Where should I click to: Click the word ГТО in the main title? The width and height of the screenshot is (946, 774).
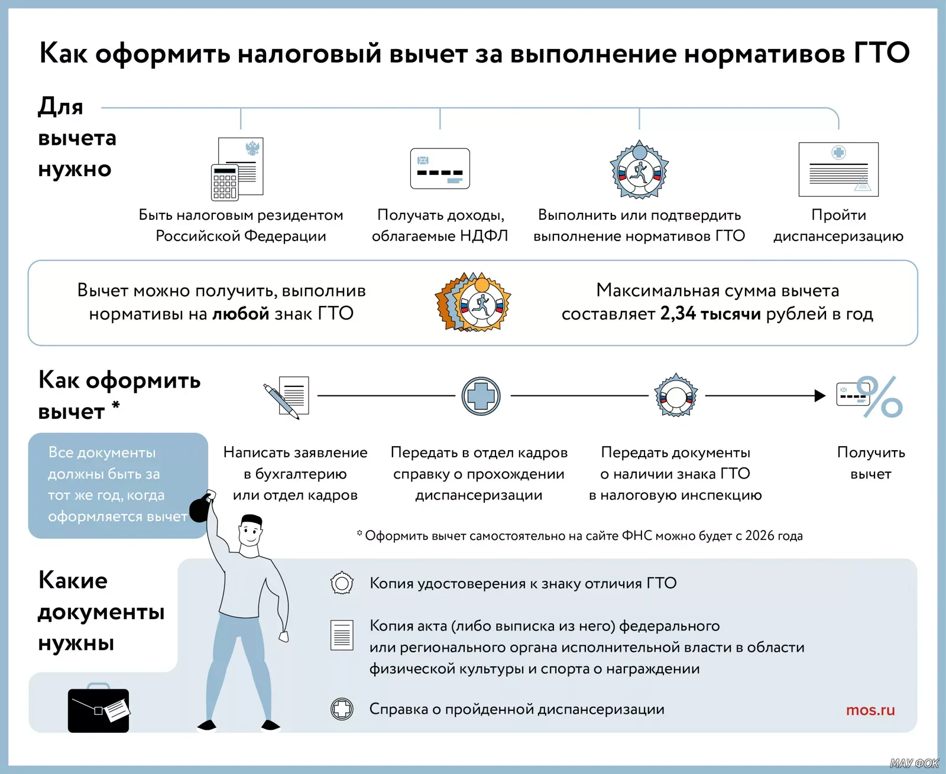click(x=882, y=53)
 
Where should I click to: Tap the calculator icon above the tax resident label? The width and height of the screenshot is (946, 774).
click(x=225, y=182)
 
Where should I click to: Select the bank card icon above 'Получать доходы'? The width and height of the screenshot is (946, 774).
click(x=440, y=169)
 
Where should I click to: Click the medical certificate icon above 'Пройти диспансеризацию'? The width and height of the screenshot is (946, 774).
click(x=838, y=169)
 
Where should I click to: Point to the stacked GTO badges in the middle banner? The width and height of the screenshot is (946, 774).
click(x=473, y=302)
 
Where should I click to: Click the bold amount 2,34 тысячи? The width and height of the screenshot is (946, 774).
click(x=710, y=313)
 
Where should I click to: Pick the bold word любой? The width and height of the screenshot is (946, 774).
click(x=241, y=313)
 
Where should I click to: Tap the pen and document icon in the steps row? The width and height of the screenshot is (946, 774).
click(x=286, y=396)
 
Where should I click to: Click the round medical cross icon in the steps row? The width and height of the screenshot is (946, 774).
click(x=481, y=396)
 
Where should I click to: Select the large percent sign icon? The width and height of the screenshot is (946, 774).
click(x=881, y=397)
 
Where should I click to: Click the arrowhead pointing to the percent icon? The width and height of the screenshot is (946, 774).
click(x=819, y=396)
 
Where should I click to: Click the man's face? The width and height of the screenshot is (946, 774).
click(x=251, y=535)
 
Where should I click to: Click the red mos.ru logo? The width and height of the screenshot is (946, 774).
click(x=870, y=710)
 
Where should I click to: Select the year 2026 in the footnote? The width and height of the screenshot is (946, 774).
click(x=759, y=536)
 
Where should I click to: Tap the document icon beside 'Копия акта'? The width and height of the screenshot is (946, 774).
click(x=342, y=635)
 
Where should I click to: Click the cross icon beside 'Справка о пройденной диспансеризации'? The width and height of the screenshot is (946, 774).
click(x=342, y=708)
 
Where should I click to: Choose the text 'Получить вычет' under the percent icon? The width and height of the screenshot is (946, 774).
click(x=871, y=463)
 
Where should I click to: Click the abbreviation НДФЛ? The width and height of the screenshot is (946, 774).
click(x=484, y=236)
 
